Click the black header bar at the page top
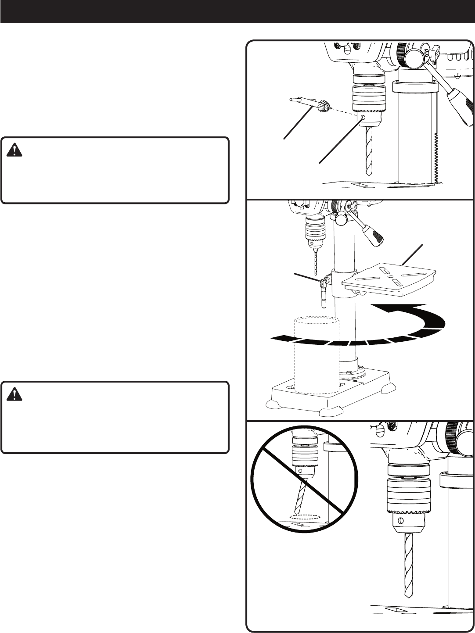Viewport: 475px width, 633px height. pos(237,11)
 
